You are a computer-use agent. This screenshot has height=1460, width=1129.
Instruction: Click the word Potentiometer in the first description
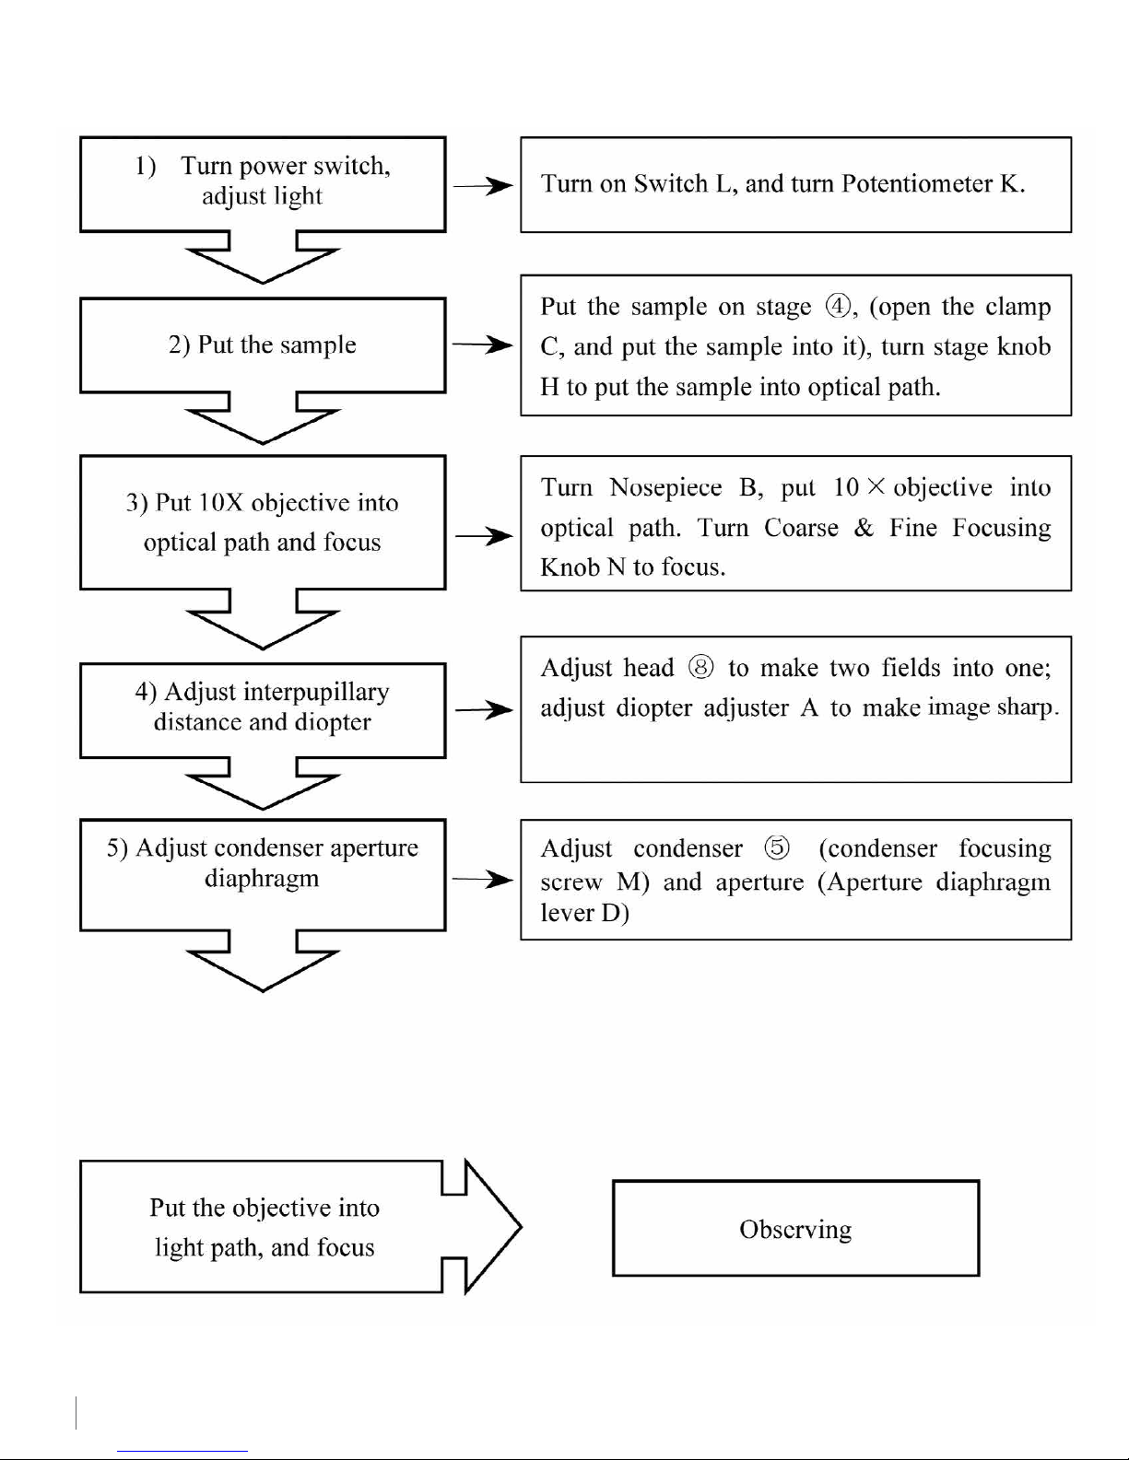click(917, 183)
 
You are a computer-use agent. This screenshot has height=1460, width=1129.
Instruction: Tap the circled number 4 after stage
click(838, 307)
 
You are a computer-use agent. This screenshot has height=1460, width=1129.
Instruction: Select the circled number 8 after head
click(701, 667)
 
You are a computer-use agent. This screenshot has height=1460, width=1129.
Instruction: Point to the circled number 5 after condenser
click(777, 847)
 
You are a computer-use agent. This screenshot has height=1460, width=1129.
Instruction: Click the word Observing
click(795, 1230)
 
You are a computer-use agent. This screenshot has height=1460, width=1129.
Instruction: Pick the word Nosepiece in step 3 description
click(665, 487)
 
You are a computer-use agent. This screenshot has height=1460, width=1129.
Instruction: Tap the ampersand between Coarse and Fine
click(864, 528)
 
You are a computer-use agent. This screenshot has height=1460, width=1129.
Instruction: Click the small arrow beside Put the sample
click(483, 345)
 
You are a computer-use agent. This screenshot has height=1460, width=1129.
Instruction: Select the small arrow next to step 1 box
click(483, 185)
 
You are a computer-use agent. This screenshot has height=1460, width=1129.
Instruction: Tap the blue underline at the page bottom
click(182, 1452)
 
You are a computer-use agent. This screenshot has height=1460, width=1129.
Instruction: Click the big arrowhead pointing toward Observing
click(493, 1227)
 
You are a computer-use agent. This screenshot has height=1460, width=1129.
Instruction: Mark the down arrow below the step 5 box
click(263, 961)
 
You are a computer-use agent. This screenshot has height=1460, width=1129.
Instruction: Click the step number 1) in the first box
click(146, 166)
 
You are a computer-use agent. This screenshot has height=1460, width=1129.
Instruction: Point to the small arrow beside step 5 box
click(483, 879)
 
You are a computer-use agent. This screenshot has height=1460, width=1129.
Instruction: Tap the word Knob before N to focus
click(570, 567)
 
